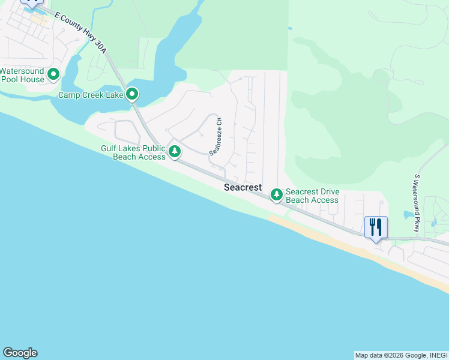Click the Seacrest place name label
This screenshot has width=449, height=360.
click(243, 188)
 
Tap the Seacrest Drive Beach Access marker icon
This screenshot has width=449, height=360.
click(276, 194)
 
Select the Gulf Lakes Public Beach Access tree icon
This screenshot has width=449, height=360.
click(175, 151)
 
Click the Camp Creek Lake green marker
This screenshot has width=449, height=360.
click(132, 94)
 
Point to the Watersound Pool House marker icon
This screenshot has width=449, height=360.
click(53, 74)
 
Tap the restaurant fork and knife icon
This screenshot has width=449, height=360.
click(376, 227)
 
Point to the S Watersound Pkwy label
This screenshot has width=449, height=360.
click(417, 203)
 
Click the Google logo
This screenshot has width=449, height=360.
click(20, 353)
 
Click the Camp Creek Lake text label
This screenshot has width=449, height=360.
click(90, 95)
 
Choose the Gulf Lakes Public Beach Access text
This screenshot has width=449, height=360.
click(133, 152)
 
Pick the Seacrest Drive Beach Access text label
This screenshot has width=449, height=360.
click(312, 196)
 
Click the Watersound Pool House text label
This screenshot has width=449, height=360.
click(23, 74)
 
